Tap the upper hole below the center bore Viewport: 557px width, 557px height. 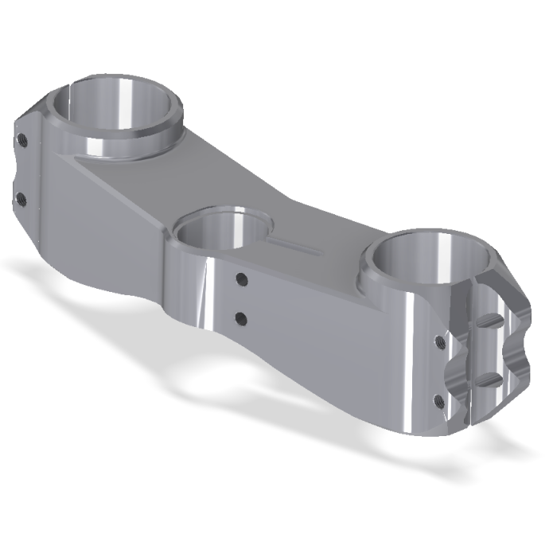point(240,279)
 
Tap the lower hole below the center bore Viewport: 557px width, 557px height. point(241,319)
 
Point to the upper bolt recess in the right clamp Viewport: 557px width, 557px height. point(490,320)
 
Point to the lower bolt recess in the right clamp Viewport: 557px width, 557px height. point(490,378)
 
